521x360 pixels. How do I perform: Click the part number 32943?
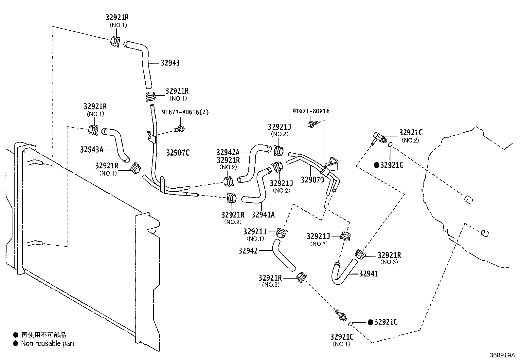(x=170, y=63)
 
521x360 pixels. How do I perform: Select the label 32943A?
(x=92, y=149)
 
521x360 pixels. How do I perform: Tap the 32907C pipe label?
(x=178, y=153)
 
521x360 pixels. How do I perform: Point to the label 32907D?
(x=312, y=180)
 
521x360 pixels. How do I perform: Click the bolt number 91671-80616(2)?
(x=185, y=112)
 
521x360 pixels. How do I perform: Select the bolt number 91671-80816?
(x=311, y=111)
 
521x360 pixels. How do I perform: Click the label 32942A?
(x=228, y=152)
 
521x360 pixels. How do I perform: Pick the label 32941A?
(x=263, y=215)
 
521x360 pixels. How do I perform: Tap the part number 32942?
(x=248, y=251)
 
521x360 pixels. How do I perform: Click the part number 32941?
(x=368, y=274)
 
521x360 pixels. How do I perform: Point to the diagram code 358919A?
(x=502, y=355)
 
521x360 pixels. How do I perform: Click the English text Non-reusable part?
(x=47, y=344)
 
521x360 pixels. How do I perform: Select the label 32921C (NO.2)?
(x=411, y=136)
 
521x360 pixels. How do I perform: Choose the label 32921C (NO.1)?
(x=342, y=340)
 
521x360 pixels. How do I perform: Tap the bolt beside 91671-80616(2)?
(x=179, y=128)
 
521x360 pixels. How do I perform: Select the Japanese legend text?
(x=44, y=335)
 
